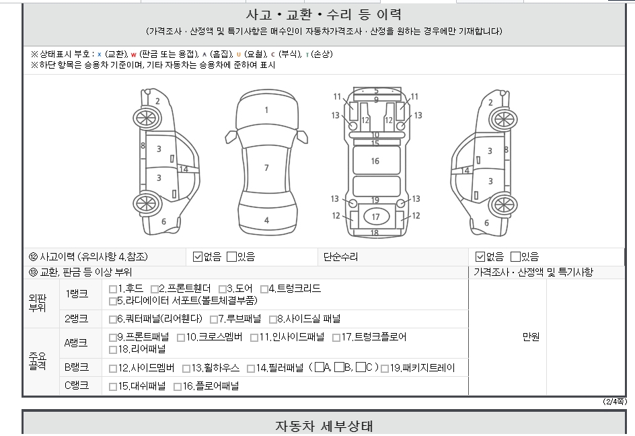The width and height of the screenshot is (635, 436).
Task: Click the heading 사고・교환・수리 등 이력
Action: point(324,15)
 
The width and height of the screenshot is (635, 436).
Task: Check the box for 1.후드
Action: point(113,289)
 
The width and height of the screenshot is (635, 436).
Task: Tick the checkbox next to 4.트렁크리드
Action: point(264,289)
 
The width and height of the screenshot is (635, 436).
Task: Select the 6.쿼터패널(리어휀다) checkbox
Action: point(113,320)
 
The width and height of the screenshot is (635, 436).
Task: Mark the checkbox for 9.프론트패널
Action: point(113,338)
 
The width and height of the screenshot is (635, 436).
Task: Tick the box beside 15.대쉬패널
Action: point(113,387)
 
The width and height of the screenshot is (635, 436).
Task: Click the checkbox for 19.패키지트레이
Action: point(385,369)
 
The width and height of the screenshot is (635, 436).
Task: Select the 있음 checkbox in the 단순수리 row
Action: point(515,256)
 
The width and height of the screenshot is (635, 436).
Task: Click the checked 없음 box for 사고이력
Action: point(198,256)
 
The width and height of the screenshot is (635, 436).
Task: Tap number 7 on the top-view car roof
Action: point(266,168)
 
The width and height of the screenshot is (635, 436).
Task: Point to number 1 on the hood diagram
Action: point(266,110)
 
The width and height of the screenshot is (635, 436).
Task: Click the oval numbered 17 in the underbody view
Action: point(375,217)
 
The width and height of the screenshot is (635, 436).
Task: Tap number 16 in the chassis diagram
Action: point(375,161)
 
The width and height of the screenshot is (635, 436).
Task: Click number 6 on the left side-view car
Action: point(163,222)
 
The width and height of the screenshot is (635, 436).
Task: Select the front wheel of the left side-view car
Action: point(145,119)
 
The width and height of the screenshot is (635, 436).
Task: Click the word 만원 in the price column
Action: point(531,338)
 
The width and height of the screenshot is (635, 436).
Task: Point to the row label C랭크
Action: point(77,386)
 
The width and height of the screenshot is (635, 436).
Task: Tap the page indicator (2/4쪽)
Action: point(615,402)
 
